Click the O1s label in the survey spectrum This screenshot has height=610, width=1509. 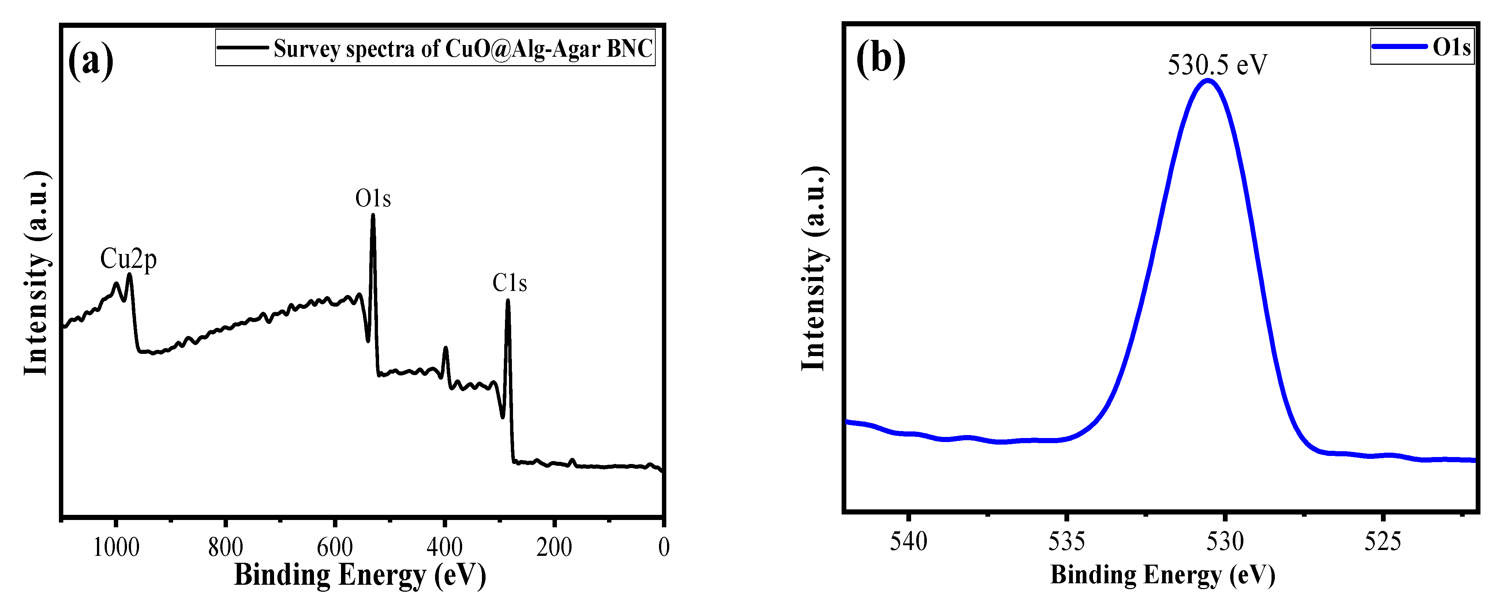pyautogui.click(x=372, y=199)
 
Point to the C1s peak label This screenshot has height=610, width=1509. pyautogui.click(x=509, y=283)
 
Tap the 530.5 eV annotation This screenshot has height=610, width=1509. pyautogui.click(x=1217, y=64)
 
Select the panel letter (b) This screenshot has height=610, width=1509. pyautogui.click(x=880, y=59)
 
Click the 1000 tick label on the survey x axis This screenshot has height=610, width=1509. pyautogui.click(x=116, y=547)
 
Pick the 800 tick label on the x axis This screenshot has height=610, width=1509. pyautogui.click(x=225, y=547)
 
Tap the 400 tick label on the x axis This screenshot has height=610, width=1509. pyautogui.click(x=445, y=547)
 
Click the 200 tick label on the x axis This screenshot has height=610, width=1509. pyautogui.click(x=554, y=547)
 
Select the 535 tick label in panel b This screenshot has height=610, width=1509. pyautogui.click(x=1067, y=542)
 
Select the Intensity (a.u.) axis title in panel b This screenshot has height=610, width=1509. pyautogui.click(x=814, y=268)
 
